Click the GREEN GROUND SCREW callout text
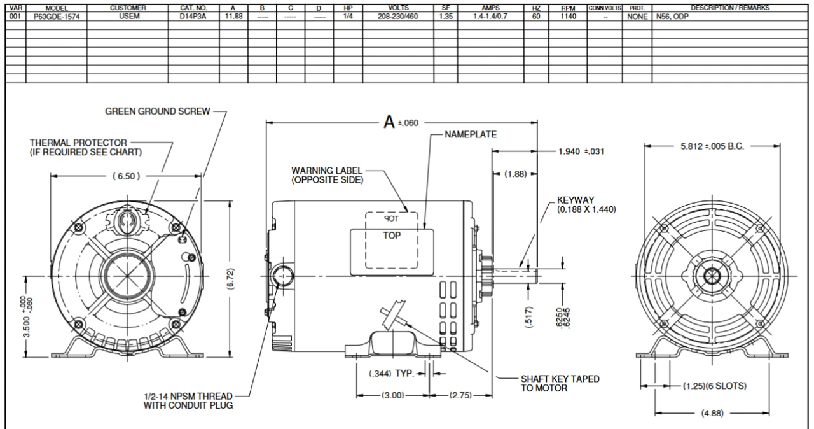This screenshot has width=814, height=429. pyautogui.click(x=157, y=111)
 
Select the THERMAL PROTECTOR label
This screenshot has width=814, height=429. pyautogui.click(x=78, y=143)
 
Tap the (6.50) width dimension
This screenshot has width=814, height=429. pyautogui.click(x=126, y=176)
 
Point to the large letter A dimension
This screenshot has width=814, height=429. pyautogui.click(x=389, y=122)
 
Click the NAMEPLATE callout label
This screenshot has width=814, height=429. pyautogui.click(x=471, y=135)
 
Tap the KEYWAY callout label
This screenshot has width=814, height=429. pyautogui.click(x=576, y=200)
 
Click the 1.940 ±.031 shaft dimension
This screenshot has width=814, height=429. pyautogui.click(x=580, y=152)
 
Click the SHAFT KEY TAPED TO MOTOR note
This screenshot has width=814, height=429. pyautogui.click(x=560, y=383)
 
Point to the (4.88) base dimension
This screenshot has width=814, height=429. pyautogui.click(x=711, y=413)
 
